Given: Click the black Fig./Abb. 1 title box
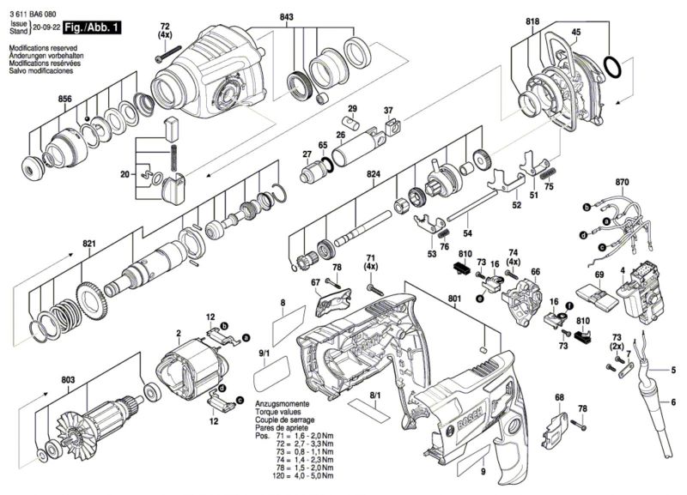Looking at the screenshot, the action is coord(92,27).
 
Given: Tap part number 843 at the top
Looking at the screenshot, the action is coord(287,17).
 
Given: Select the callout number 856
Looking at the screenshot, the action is coord(65,99).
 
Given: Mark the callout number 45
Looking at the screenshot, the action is coord(576,32).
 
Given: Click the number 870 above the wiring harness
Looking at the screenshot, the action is coord(622,182).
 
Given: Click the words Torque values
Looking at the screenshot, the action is coord(278,412).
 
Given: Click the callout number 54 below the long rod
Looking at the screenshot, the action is coord(467,233).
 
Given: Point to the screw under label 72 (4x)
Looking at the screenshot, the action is coord(168,52).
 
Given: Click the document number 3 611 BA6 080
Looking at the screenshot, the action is coord(33,15).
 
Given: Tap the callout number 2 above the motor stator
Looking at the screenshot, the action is coord(179,333).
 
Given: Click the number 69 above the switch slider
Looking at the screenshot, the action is coord(599,275).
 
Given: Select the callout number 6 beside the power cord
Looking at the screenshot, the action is coord(673,401).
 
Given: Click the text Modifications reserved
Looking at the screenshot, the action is coord(44,48).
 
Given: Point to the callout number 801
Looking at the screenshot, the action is coord(455,299).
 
